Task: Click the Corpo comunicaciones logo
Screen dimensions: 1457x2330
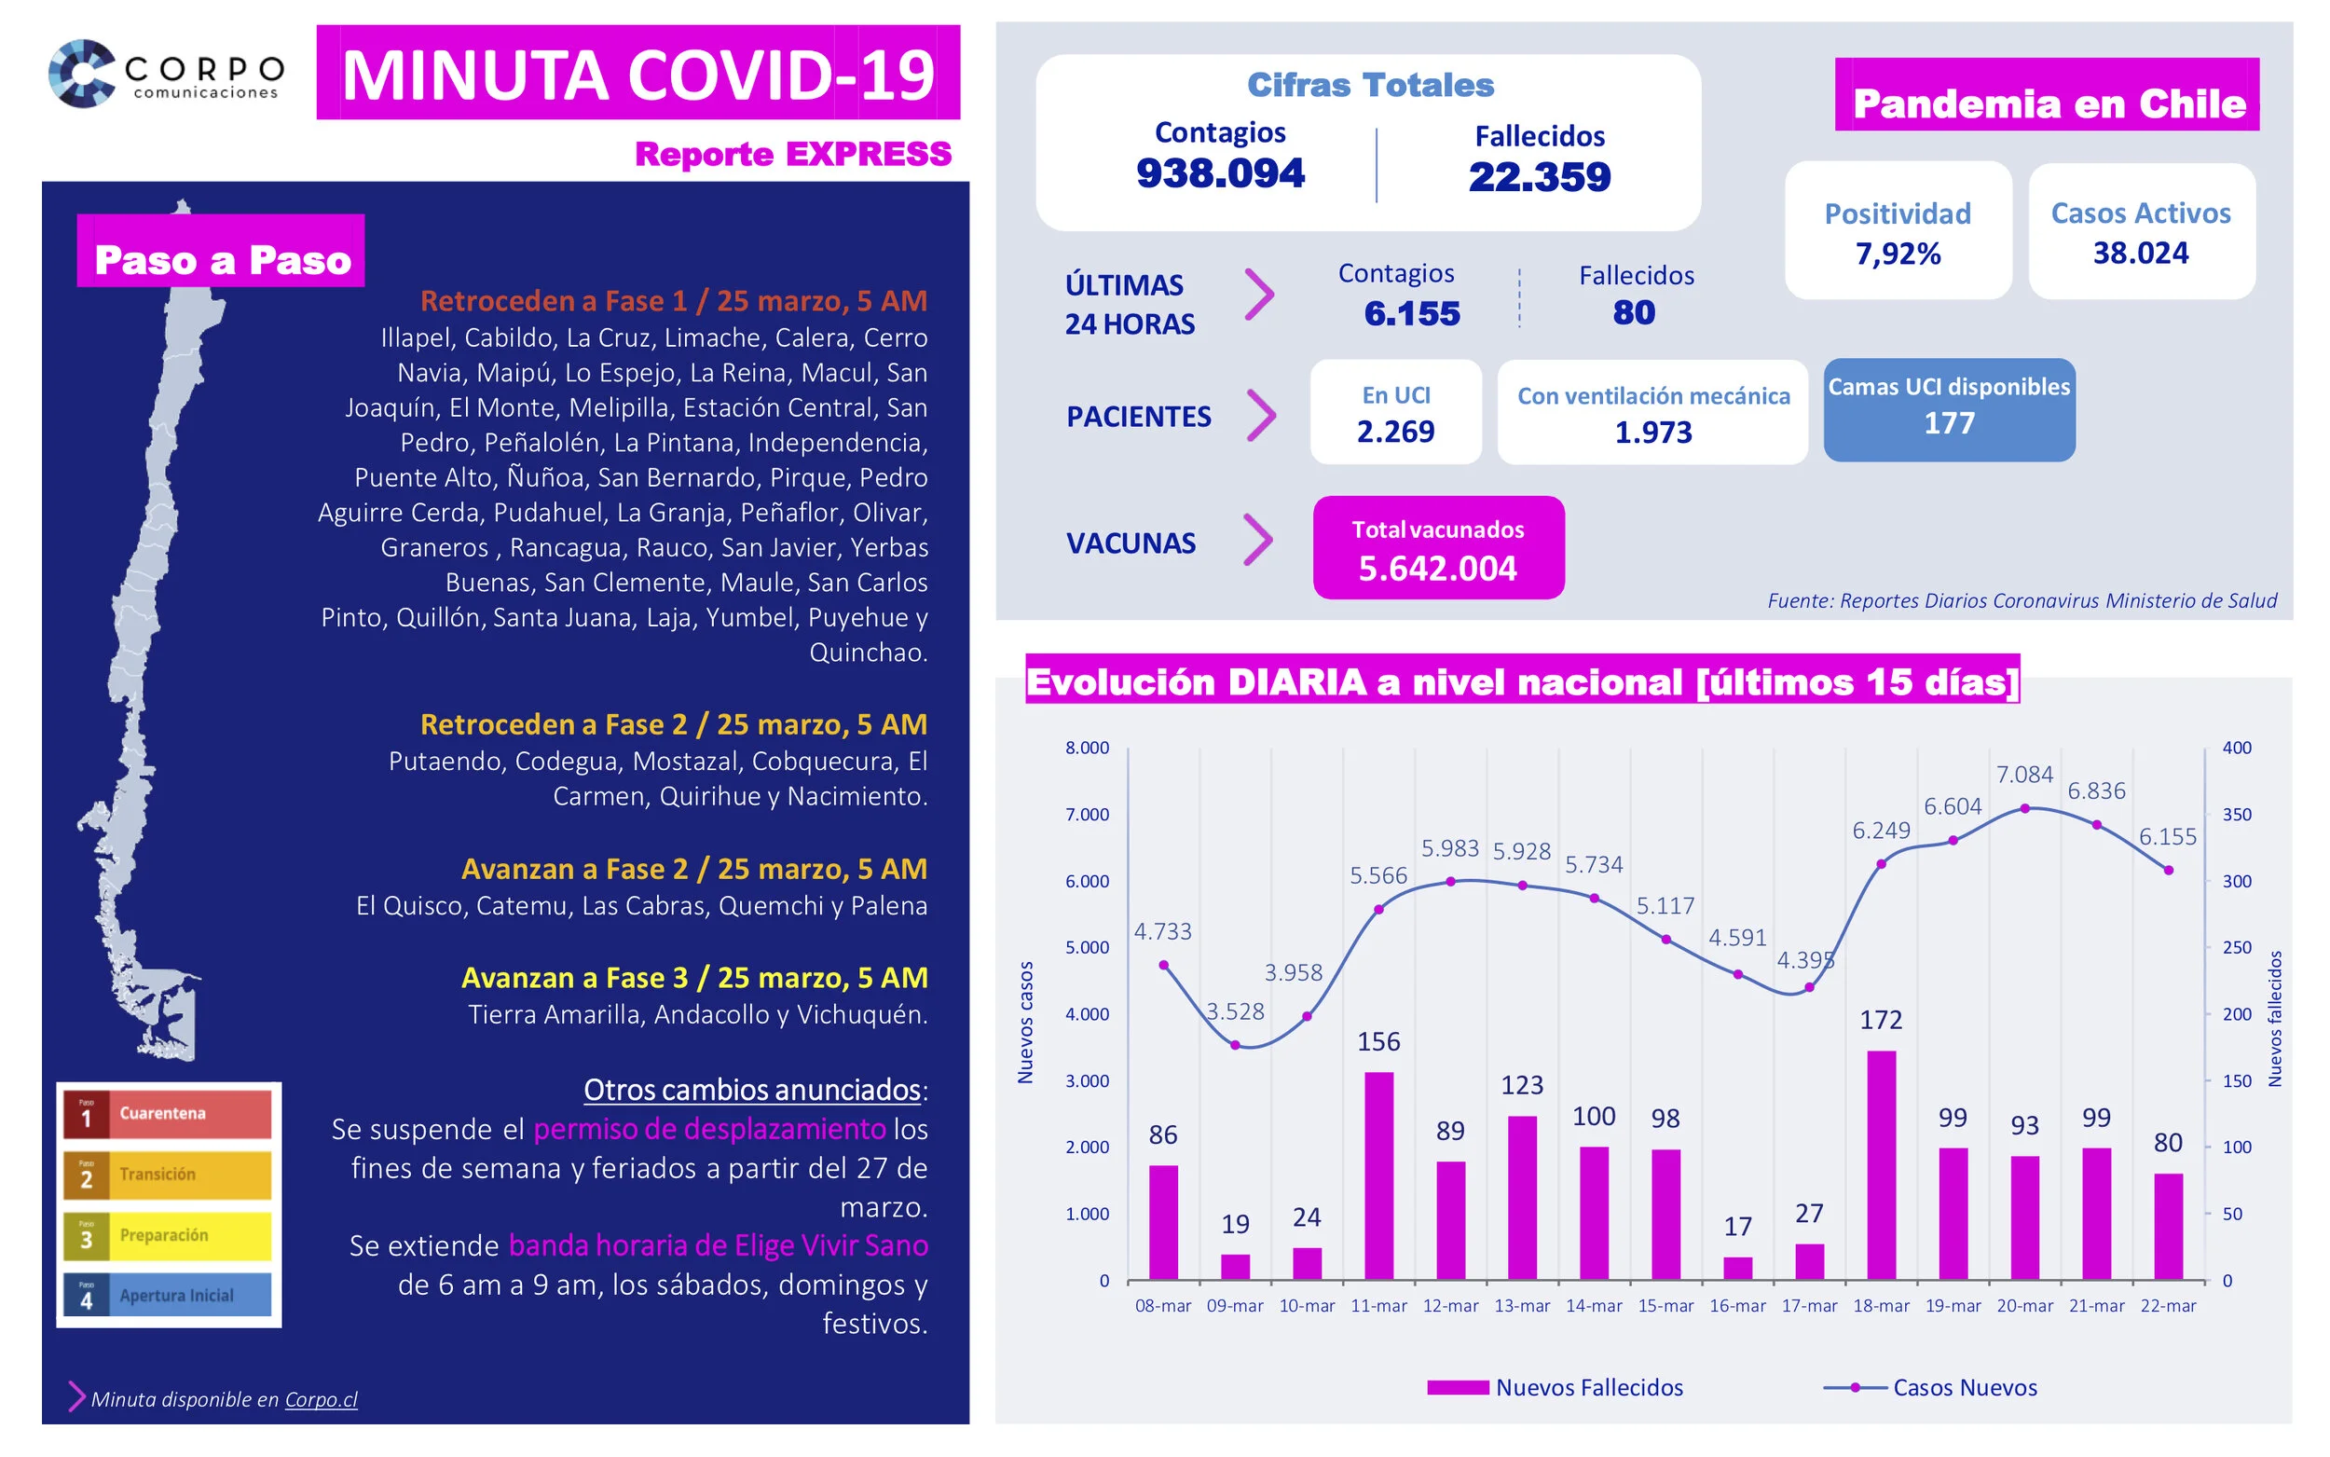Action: point(167,74)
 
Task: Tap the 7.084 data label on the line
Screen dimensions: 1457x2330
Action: point(2023,774)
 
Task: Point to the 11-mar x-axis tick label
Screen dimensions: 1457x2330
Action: point(1378,1306)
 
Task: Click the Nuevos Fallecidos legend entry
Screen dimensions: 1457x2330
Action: point(1555,1387)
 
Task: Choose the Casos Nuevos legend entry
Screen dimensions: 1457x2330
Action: point(1930,1387)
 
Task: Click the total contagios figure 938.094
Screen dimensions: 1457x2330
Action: point(1219,173)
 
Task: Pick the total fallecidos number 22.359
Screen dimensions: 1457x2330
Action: point(1540,177)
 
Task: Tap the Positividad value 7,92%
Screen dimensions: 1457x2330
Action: point(1898,254)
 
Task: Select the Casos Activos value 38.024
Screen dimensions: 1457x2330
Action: point(2140,254)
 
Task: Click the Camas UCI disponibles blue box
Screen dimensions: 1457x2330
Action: point(1949,409)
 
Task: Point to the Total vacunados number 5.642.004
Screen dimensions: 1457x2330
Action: point(1437,569)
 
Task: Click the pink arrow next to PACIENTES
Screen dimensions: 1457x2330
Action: point(1260,416)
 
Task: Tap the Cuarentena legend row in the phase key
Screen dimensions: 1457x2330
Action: point(168,1114)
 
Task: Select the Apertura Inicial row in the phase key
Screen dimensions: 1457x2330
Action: point(168,1295)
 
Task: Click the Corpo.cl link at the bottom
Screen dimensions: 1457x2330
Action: point(321,1399)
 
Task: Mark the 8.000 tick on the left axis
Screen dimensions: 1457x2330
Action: point(1087,748)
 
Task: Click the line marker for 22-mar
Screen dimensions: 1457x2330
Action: point(2168,870)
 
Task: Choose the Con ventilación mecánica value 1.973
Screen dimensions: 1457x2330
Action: point(1652,433)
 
